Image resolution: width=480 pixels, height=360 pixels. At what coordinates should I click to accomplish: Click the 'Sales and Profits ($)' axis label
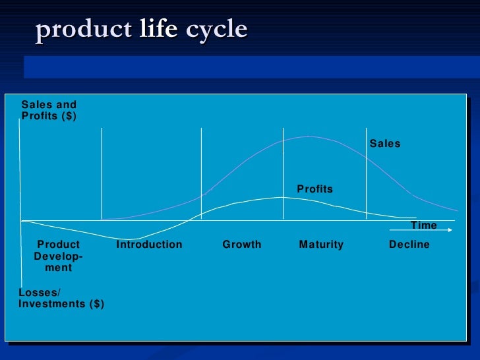point(49,110)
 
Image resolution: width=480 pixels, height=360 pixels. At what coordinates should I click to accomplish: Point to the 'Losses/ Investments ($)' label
point(61,298)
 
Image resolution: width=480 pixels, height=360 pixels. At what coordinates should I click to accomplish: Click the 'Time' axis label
point(423,225)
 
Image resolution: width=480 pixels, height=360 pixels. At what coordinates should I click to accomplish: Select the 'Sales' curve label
point(384,144)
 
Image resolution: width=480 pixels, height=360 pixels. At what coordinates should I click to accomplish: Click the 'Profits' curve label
point(315,189)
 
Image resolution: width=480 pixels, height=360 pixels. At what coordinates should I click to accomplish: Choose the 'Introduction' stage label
point(149,245)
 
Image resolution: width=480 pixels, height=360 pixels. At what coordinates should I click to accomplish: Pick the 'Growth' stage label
point(241,245)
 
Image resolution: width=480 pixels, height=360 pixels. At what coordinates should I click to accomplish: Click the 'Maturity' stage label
point(321,245)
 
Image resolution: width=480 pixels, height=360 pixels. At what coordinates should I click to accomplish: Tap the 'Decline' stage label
point(409,245)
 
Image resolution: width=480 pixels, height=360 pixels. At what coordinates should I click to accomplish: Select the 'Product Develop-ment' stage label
point(59,256)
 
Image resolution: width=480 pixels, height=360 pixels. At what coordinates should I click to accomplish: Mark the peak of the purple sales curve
point(307,136)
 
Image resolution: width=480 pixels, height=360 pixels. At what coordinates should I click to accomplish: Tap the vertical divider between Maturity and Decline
point(367,171)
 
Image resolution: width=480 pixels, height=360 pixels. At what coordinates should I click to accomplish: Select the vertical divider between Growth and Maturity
point(284,171)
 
